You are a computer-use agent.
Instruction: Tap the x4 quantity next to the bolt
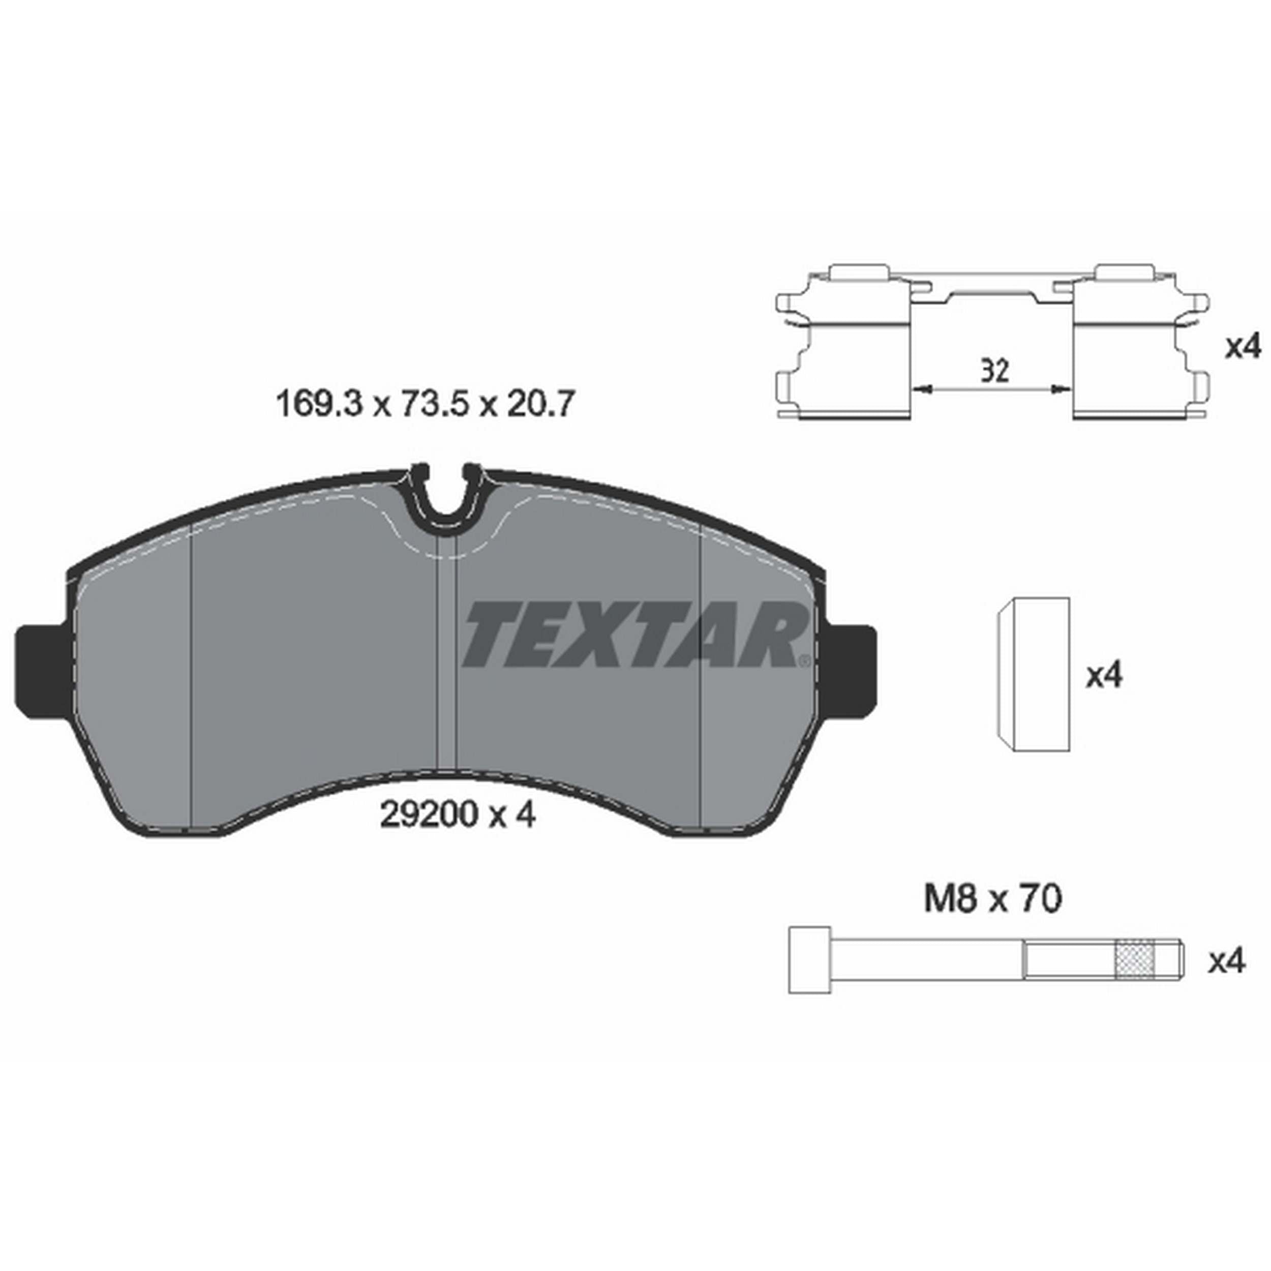pos(1227,962)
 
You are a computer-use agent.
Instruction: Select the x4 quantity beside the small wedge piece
pos(1104,676)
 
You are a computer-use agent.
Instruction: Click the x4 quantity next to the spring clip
pos(1242,347)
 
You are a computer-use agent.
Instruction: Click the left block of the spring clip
pos(855,369)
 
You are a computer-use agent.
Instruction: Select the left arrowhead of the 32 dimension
pos(924,390)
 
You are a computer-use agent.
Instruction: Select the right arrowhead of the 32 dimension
pos(1058,390)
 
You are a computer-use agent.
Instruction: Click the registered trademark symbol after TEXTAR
pos(803,660)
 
